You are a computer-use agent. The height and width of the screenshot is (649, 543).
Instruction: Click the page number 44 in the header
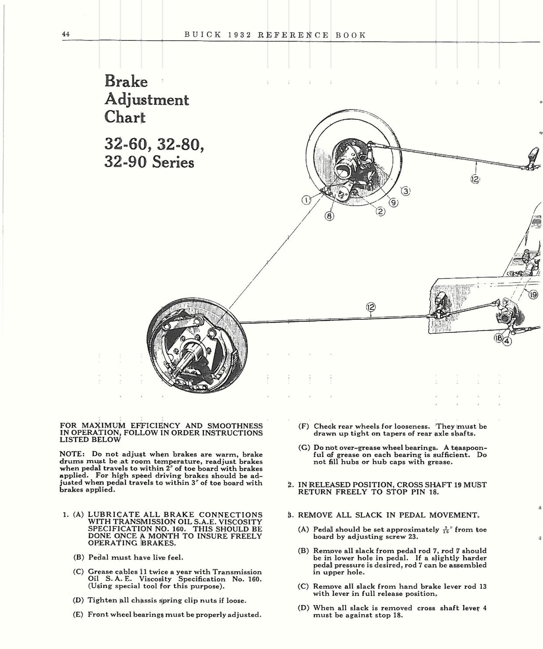66,35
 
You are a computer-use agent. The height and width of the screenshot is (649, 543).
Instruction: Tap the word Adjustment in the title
146,100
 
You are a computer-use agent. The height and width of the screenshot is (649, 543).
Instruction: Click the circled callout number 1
306,200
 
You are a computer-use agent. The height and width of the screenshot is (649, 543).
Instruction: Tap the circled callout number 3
406,191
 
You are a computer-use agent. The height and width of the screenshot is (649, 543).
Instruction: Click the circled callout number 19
532,295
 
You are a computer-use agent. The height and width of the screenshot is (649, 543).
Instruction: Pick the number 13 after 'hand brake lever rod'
482,586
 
